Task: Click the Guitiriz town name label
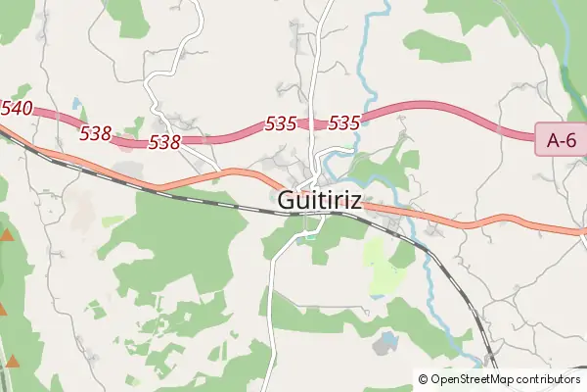(x=320, y=200)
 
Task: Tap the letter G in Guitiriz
(x=287, y=200)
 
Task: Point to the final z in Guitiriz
(x=355, y=200)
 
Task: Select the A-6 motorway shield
(x=561, y=139)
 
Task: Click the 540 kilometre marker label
(x=17, y=108)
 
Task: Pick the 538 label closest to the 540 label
(x=95, y=132)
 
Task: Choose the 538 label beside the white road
(x=164, y=143)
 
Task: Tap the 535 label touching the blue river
(x=344, y=123)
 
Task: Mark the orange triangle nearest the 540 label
(x=7, y=235)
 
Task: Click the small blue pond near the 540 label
(x=76, y=103)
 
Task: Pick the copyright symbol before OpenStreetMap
(x=423, y=378)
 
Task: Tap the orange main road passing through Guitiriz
(x=460, y=220)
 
